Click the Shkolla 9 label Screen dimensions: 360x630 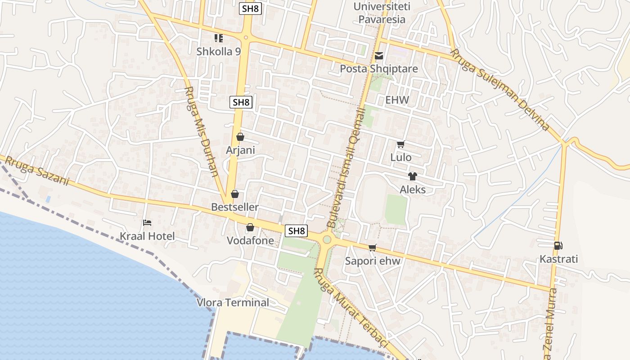pyautogui.click(x=219, y=51)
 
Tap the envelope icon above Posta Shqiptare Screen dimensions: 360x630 pyautogui.click(x=379, y=56)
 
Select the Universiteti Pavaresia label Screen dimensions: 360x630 pyautogui.click(x=379, y=13)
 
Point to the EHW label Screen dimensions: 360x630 pyautogui.click(x=397, y=100)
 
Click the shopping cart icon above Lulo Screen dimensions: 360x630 pyautogui.click(x=400, y=144)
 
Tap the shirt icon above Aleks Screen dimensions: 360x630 pyautogui.click(x=412, y=176)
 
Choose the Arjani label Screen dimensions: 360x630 pyautogui.click(x=240, y=150)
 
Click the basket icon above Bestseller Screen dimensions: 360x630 pyautogui.click(x=234, y=194)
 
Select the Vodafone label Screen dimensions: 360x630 pyautogui.click(x=250, y=241)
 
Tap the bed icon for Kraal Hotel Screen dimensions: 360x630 pyautogui.click(x=147, y=222)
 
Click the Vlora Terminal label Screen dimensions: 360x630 pyautogui.click(x=233, y=302)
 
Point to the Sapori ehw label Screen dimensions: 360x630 pyautogui.click(x=373, y=261)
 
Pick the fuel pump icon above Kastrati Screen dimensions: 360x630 pyautogui.click(x=558, y=246)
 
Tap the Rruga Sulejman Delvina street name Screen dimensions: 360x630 pyautogui.click(x=500, y=90)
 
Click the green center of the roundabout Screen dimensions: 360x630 pyautogui.click(x=327, y=240)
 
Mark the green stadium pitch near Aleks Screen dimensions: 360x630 pyautogui.click(x=396, y=209)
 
